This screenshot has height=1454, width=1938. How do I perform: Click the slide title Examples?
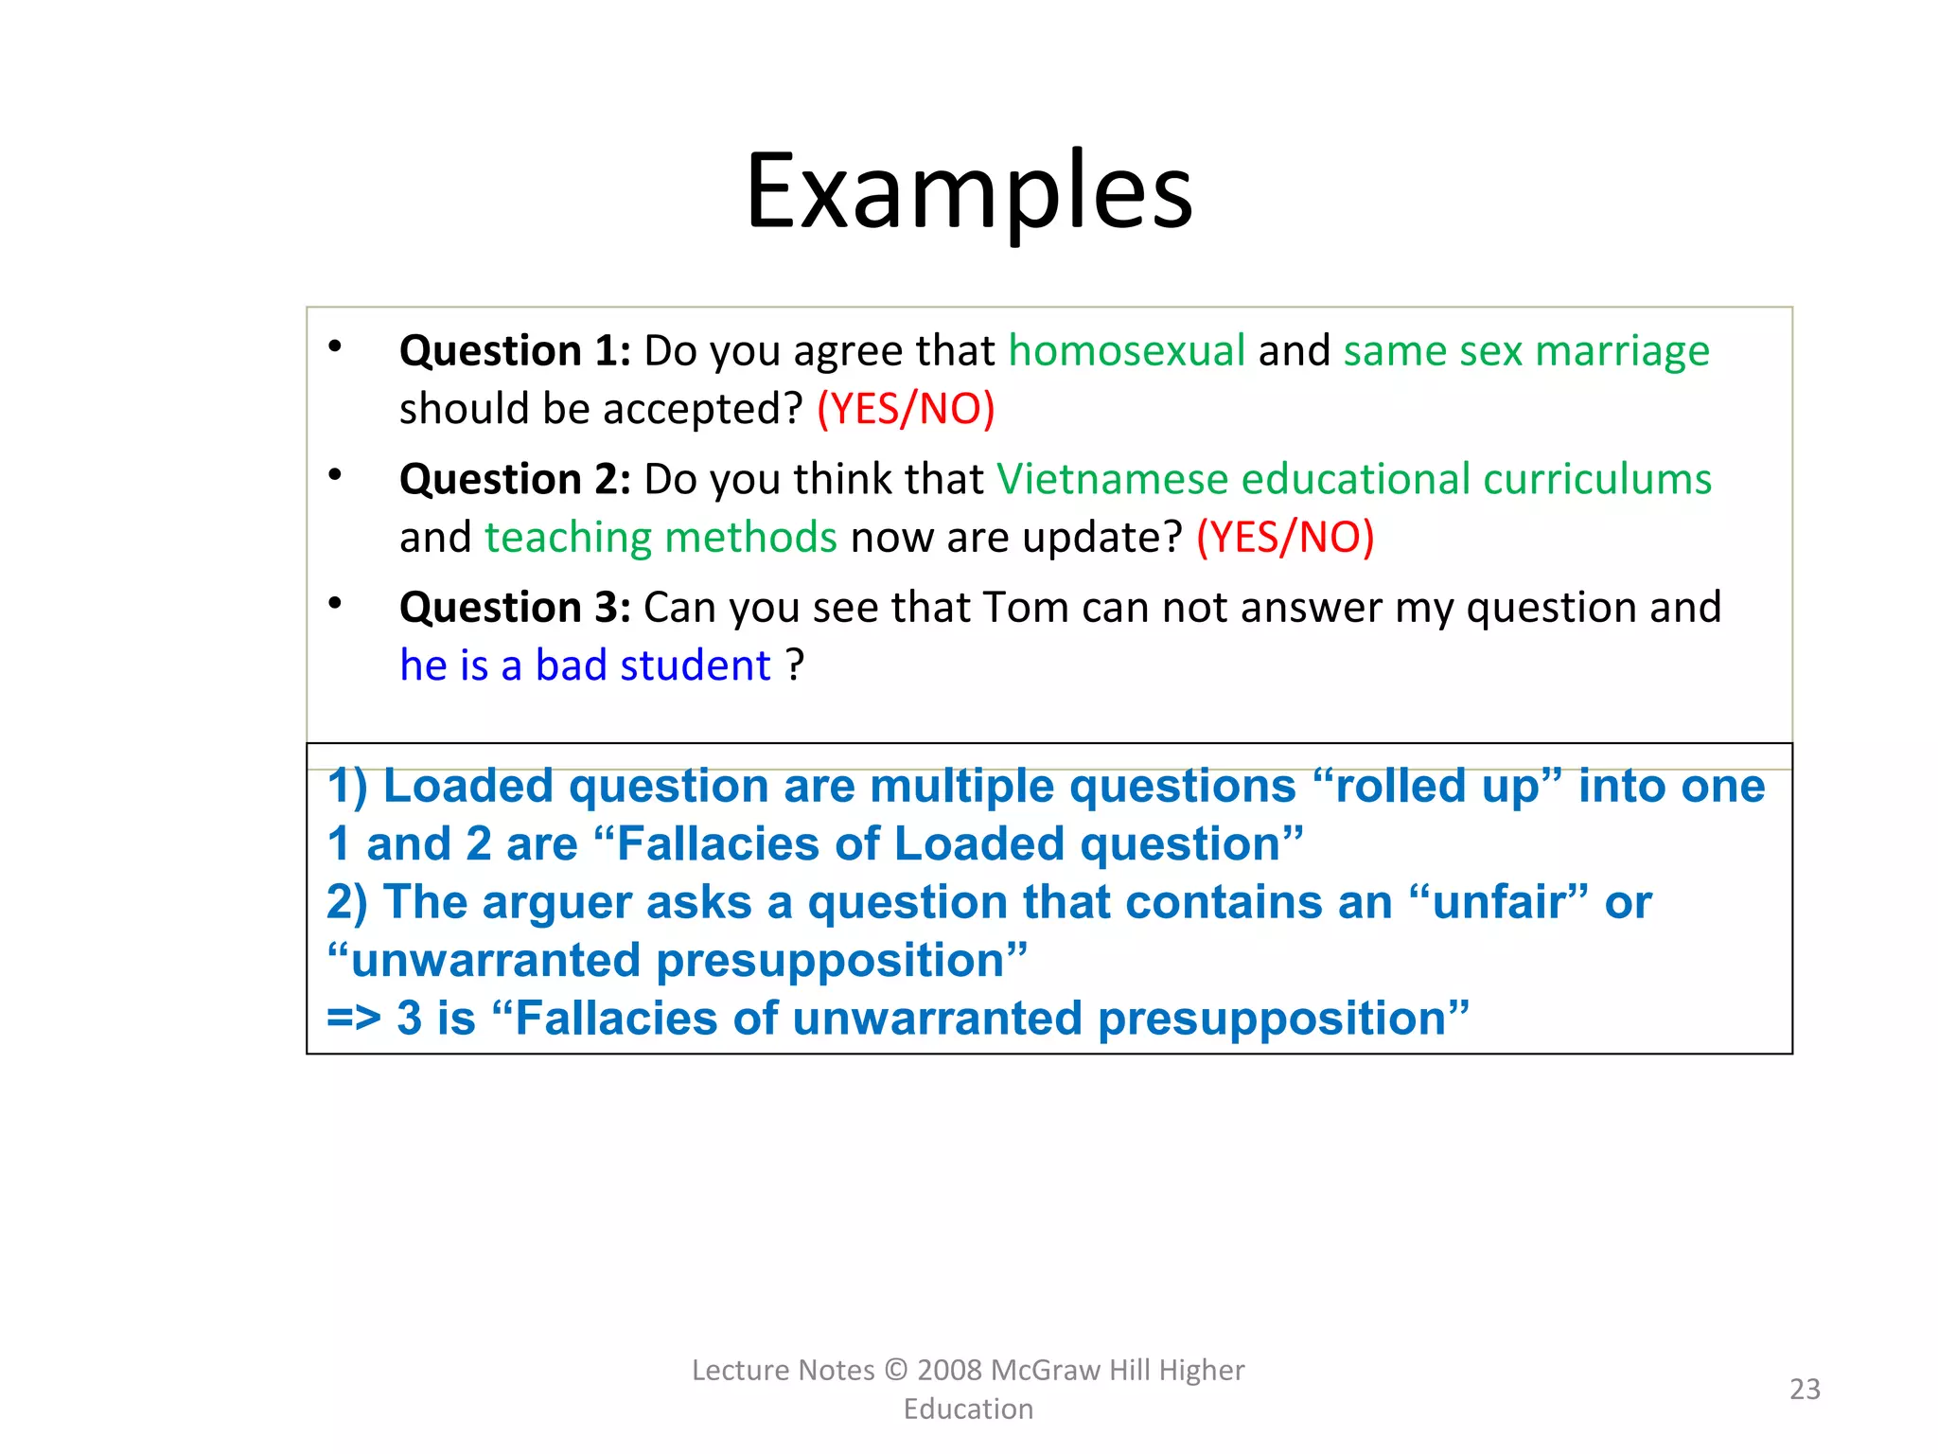coord(968,192)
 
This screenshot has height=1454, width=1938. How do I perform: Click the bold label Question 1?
coord(514,351)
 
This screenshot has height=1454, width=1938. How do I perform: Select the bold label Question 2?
coord(514,479)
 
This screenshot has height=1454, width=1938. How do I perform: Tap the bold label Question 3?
coord(514,608)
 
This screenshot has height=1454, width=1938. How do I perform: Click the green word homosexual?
coord(1126,351)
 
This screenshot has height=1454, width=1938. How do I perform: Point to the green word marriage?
coord(1622,351)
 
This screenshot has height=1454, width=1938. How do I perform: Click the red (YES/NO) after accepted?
coord(906,409)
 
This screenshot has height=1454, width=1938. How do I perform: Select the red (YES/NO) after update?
coord(1285,538)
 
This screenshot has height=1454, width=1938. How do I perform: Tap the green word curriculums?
coord(1597,479)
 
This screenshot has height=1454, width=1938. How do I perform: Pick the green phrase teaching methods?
coord(661,538)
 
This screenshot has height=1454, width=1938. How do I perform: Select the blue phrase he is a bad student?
coord(585,665)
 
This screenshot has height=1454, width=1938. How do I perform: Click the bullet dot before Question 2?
coord(335,474)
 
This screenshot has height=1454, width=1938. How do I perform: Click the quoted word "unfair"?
coord(1498,902)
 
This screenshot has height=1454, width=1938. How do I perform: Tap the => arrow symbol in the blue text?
coord(353,1020)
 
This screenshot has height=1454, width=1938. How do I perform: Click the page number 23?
coord(1804,1389)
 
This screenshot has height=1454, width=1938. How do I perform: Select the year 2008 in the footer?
coord(950,1370)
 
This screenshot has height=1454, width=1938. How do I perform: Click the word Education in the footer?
coord(968,1409)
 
